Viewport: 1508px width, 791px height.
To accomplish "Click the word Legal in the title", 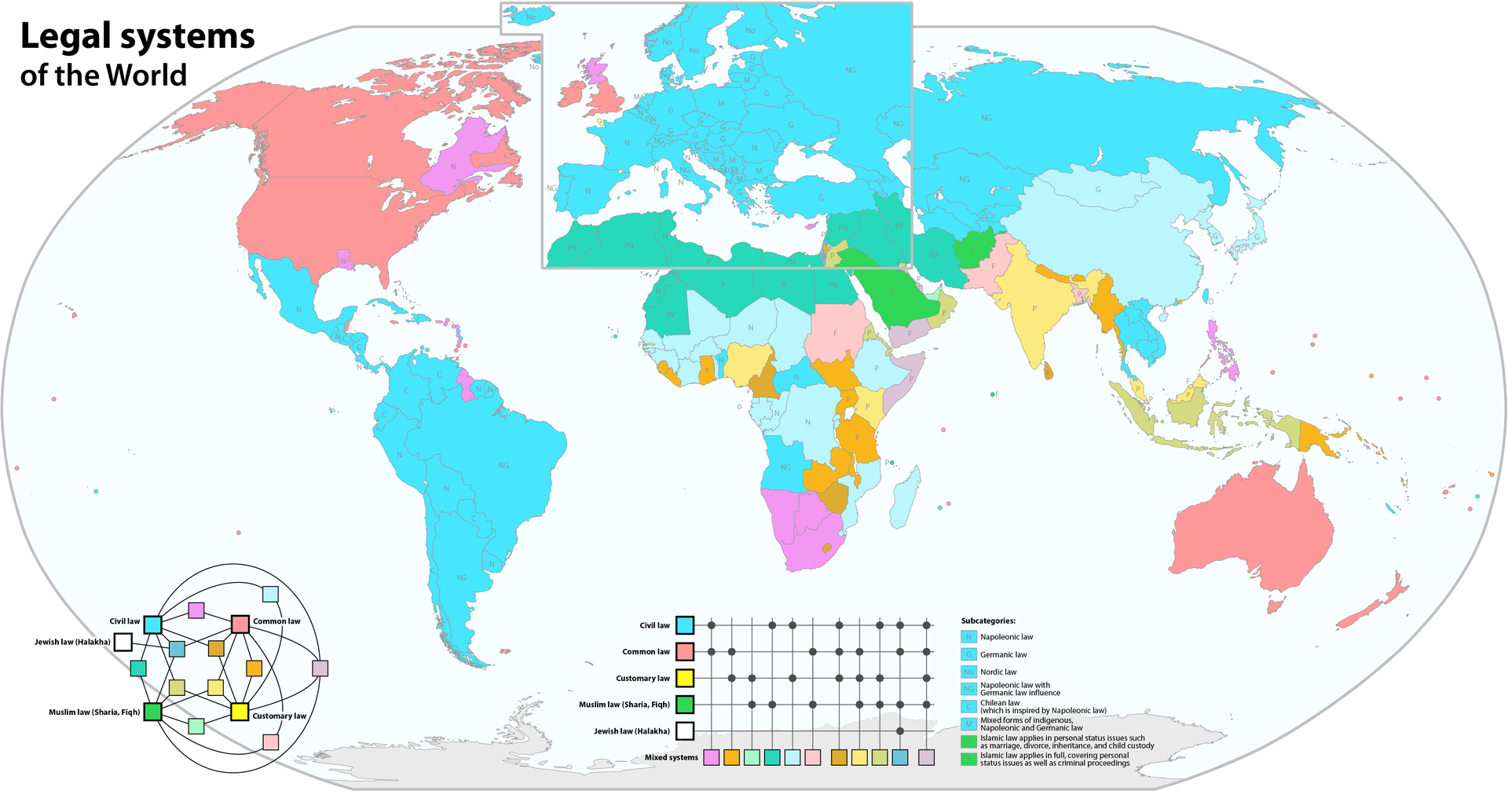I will (x=68, y=37).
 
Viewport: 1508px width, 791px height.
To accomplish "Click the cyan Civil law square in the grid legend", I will (x=685, y=625).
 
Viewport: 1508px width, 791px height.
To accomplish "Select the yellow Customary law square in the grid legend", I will (x=685, y=678).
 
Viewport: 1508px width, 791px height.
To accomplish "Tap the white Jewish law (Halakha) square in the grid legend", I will (x=685, y=731).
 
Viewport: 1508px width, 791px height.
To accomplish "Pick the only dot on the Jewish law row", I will (x=900, y=731).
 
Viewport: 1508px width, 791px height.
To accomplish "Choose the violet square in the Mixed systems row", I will (x=712, y=757).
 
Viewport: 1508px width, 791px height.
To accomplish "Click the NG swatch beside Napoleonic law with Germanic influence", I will (x=968, y=689).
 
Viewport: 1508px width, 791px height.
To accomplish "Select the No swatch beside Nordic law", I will (x=968, y=672).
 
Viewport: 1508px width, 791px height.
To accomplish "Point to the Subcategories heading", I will (x=987, y=621).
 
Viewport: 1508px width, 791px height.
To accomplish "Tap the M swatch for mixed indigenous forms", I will (x=968, y=723).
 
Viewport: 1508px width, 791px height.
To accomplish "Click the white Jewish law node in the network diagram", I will (x=123, y=643).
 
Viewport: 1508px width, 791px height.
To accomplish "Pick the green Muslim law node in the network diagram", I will (x=152, y=712).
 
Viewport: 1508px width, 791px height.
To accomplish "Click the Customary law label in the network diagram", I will (x=279, y=716).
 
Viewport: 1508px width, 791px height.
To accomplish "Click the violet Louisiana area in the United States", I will (x=344, y=259).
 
